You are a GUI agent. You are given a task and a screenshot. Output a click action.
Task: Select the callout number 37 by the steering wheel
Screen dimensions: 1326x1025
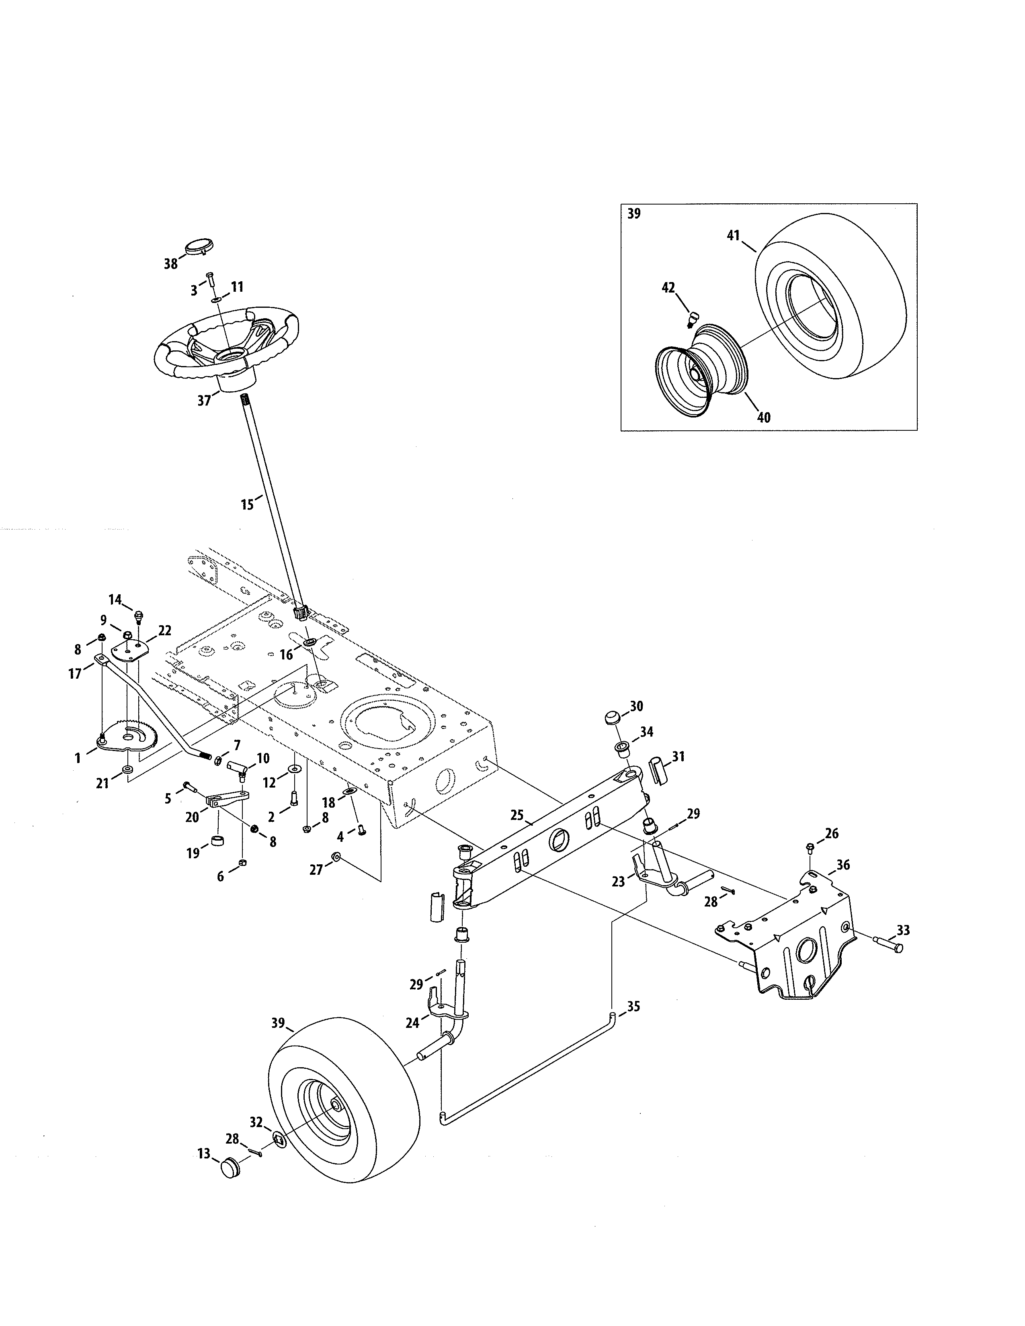point(204,400)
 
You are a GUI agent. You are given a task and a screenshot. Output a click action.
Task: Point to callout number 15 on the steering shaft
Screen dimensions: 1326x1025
point(246,505)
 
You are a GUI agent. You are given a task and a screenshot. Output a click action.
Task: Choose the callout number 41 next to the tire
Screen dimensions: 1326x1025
point(734,235)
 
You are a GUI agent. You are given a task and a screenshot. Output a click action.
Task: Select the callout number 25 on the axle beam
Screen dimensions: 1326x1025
point(517,815)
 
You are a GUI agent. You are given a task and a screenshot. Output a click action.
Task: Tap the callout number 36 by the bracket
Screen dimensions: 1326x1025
point(843,865)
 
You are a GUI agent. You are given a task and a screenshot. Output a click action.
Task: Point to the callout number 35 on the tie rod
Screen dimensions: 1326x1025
point(633,1007)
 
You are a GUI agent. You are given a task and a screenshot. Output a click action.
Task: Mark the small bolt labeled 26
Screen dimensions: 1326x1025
point(811,846)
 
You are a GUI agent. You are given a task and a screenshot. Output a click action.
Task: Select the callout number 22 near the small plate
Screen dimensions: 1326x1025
point(164,631)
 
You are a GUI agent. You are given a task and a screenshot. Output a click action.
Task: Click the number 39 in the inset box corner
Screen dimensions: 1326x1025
point(634,214)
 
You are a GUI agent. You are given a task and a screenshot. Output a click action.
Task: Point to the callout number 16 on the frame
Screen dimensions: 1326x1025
point(286,655)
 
